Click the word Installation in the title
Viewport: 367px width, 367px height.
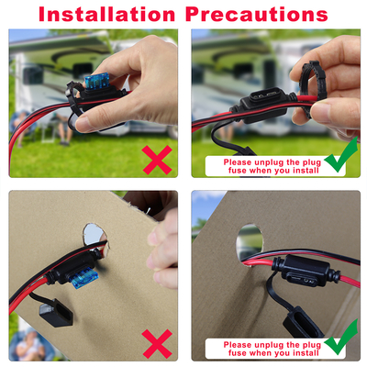106,15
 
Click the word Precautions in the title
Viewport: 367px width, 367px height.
257,15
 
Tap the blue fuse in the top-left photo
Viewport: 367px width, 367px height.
96,81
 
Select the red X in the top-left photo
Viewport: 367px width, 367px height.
157,160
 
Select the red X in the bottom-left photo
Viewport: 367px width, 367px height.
157,343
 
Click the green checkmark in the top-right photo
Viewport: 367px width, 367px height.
341,155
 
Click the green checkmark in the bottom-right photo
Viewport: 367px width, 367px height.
341,337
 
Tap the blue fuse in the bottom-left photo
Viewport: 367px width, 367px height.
83,277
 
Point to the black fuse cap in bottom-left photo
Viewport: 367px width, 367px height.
56,313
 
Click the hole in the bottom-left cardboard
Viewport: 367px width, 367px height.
95,236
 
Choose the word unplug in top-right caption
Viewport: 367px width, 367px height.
269,162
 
